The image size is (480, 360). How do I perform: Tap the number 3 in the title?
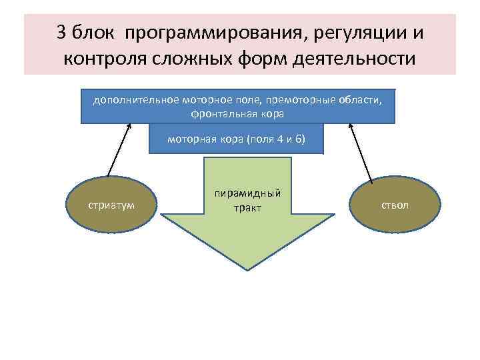pos(62,33)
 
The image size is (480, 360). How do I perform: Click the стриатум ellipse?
pos(111,205)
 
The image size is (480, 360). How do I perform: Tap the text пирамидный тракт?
pos(247,201)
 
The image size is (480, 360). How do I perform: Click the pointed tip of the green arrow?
pos(248,269)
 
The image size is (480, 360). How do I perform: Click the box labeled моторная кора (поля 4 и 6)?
pos(236,139)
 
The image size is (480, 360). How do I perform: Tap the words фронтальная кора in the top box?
pos(237,113)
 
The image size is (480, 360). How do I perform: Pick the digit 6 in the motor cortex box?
pos(298,139)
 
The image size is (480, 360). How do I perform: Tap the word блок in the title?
pos(93,33)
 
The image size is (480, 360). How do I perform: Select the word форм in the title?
pos(260,60)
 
